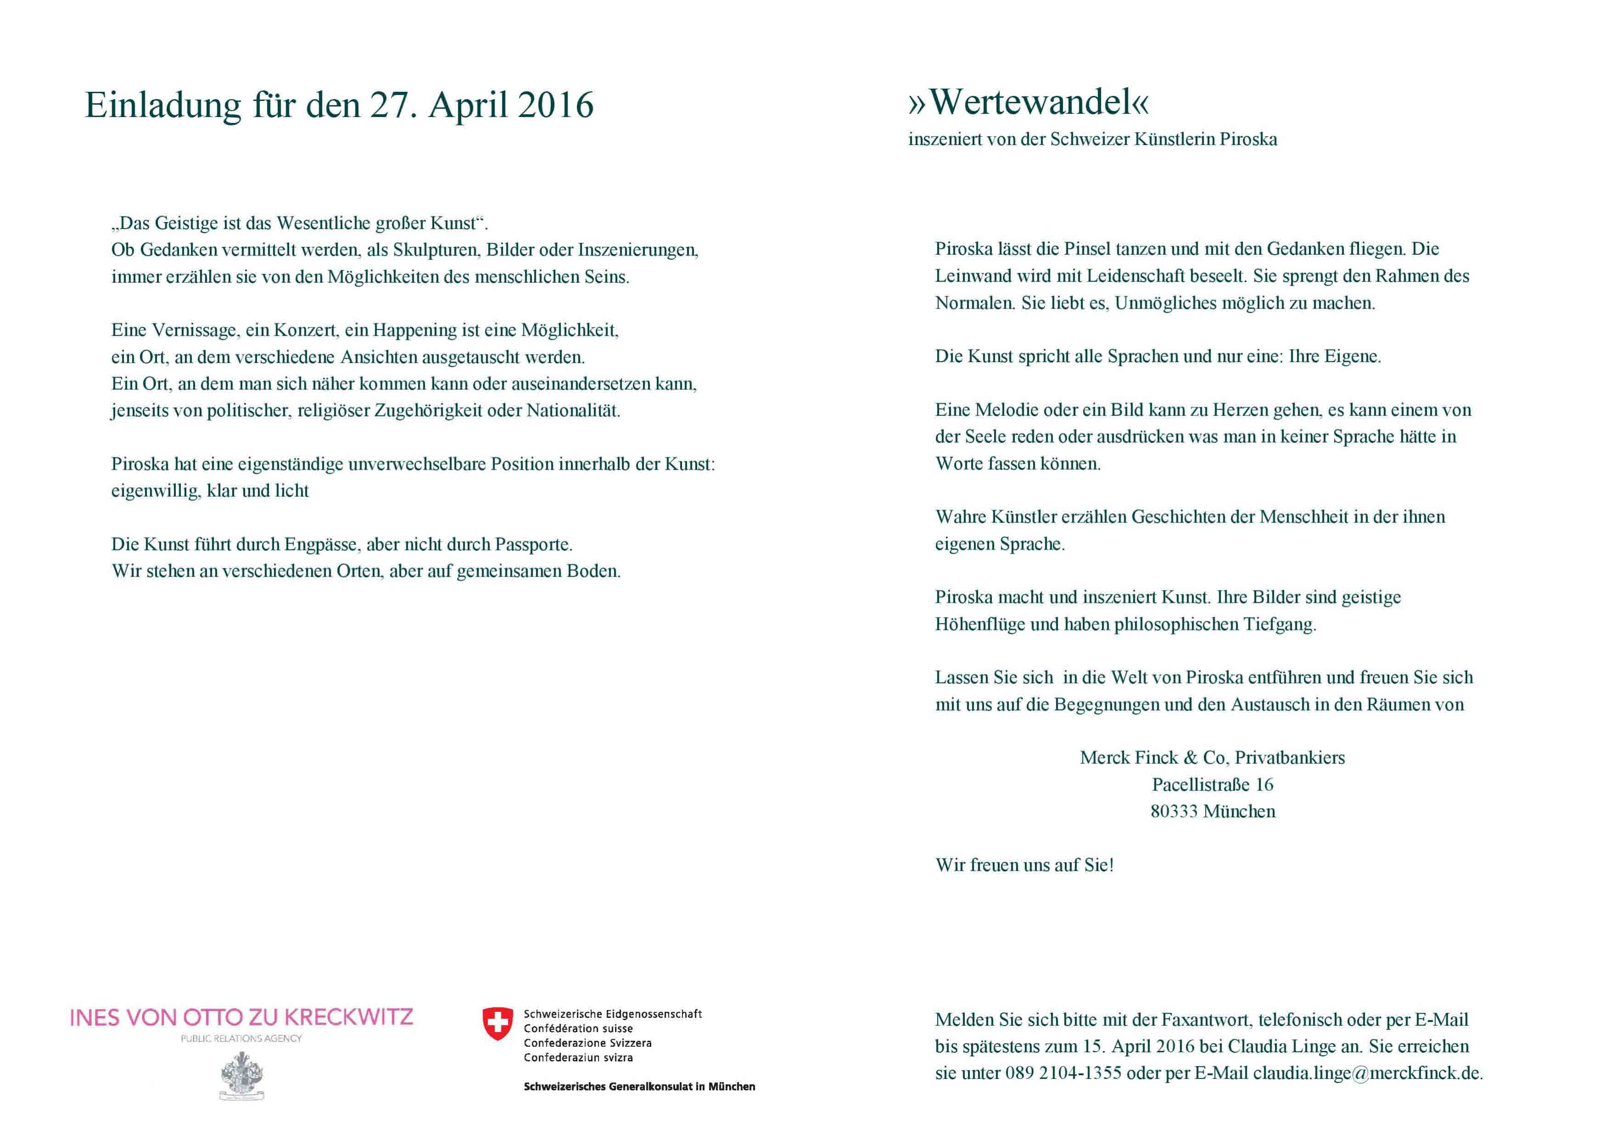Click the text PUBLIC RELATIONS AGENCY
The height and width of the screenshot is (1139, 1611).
point(242,1039)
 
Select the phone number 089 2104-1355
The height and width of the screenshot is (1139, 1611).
point(1063,1073)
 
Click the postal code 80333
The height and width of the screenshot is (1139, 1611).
point(1174,812)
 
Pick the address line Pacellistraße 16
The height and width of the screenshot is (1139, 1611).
point(1212,785)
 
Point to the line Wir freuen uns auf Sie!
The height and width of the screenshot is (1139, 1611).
point(1025,865)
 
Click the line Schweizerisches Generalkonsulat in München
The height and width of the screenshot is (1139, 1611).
point(639,1086)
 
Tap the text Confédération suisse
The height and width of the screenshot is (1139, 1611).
point(578,1028)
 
